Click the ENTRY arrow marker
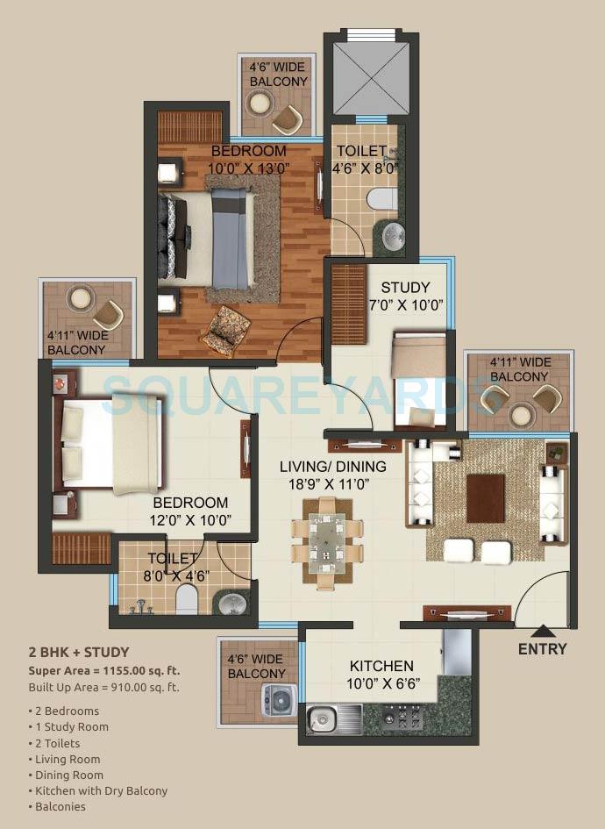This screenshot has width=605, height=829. point(543,630)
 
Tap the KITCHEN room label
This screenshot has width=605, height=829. point(381,666)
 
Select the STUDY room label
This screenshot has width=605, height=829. point(406,288)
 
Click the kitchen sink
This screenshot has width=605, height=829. point(322,718)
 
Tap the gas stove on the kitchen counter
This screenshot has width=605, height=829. point(403,717)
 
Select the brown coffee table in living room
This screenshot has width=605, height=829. point(485,498)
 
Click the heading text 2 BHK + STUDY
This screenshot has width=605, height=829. point(79,652)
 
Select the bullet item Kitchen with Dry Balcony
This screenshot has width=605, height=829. point(102,790)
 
